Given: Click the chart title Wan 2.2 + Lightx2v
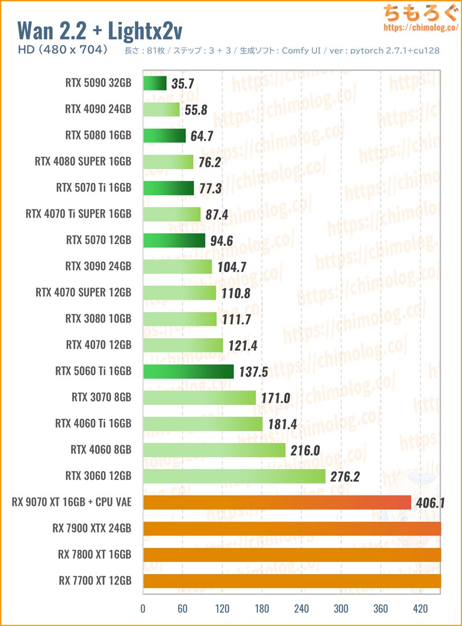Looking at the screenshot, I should coord(100,30).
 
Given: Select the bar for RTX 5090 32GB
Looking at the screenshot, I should coord(154,83).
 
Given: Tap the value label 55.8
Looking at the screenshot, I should coord(195,110).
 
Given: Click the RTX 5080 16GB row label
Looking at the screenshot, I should coord(98,136).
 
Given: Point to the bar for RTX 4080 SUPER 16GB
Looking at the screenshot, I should coord(167,162).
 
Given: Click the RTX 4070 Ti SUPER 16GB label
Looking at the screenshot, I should coord(79,214).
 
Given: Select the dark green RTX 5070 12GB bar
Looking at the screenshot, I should coord(173,240).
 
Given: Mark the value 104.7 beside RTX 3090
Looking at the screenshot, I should coord(230,267).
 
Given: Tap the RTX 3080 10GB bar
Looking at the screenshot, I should coord(179,318).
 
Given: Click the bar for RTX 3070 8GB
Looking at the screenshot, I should coord(199,397).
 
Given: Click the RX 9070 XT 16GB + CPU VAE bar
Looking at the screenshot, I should coord(277,502).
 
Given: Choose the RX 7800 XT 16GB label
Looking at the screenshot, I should coord(94,554).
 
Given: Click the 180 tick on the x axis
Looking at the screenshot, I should coord(262,609).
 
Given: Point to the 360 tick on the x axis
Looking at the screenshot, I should coord(381,609).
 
